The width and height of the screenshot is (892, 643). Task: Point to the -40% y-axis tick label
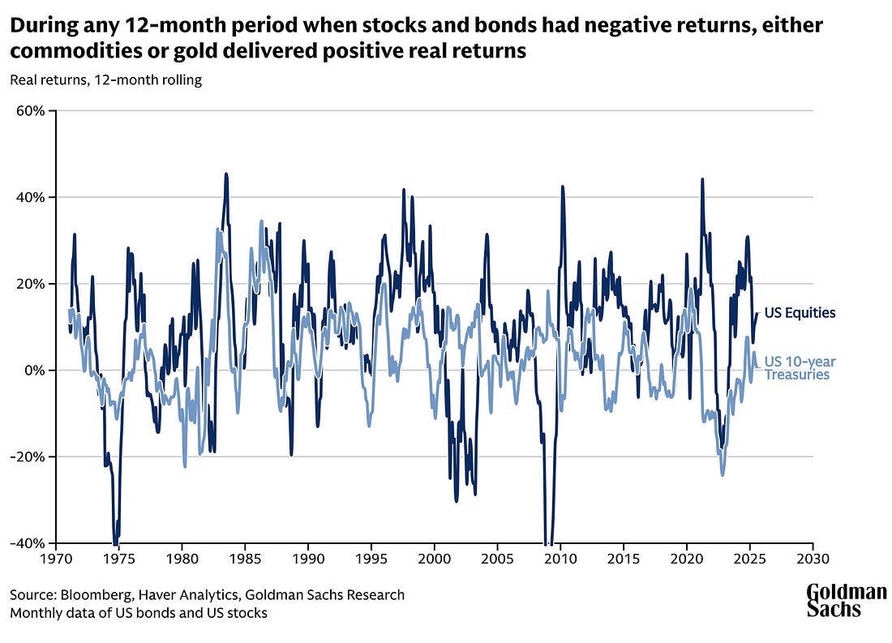pos(30,542)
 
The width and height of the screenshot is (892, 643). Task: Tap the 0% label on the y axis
pos(36,370)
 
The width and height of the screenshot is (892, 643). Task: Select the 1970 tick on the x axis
pos(56,559)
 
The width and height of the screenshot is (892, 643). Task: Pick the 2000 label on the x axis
pos(434,559)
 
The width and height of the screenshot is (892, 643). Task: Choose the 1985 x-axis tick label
pos(245,559)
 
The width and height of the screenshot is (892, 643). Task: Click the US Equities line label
pos(800,313)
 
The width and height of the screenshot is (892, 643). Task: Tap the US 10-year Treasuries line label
pos(800,367)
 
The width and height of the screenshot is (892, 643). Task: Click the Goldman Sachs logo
pos(846,601)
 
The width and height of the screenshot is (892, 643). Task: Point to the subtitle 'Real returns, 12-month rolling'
pos(105,80)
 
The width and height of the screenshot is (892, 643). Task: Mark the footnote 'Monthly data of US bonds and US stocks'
pos(138,613)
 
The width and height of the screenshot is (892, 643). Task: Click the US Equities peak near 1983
pos(226,174)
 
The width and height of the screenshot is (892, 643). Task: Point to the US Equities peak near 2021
pos(701,179)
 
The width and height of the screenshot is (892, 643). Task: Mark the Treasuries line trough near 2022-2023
pos(722,474)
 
